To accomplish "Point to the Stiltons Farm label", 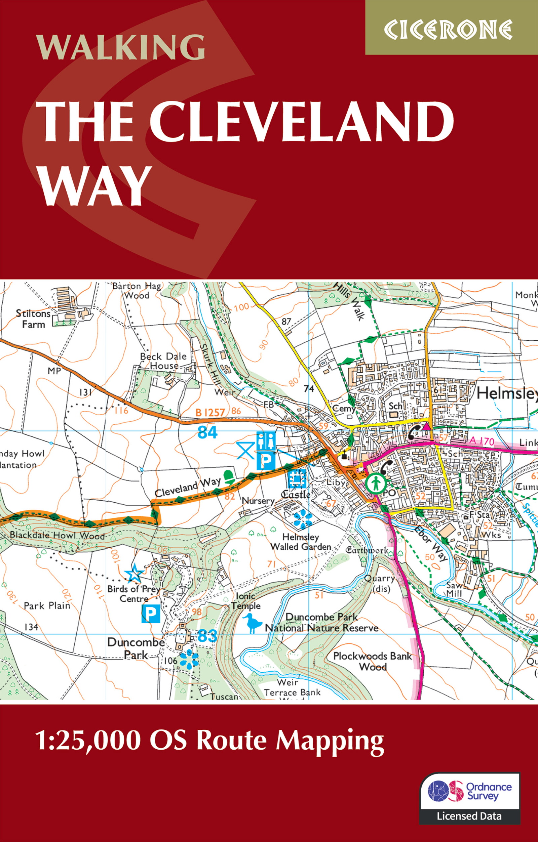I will coord(33,319).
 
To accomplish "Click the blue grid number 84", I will coord(207,432).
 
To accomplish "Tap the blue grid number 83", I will coord(207,636).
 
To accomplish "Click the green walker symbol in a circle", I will coord(376,483).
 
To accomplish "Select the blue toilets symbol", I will coord(266,441).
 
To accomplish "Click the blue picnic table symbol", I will coord(246,450).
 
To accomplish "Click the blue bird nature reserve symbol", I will coord(253,624).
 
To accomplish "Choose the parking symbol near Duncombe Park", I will coord(151,614).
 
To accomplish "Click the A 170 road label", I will coord(482,441).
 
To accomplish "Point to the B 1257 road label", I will coord(210,413).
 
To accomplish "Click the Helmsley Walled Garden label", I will coord(301,542).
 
